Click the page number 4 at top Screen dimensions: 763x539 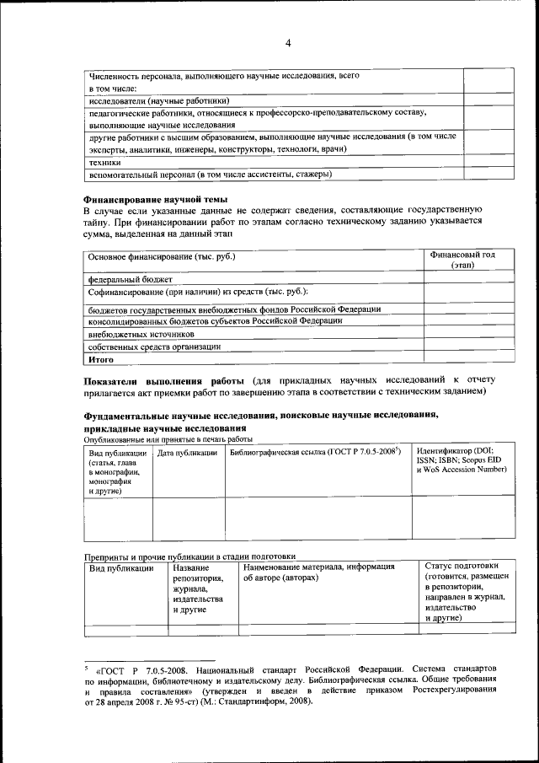tap(287, 44)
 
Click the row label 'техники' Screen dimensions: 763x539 tap(105, 162)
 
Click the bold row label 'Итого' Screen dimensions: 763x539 tap(101, 359)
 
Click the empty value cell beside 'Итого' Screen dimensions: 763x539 tap(462, 359)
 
